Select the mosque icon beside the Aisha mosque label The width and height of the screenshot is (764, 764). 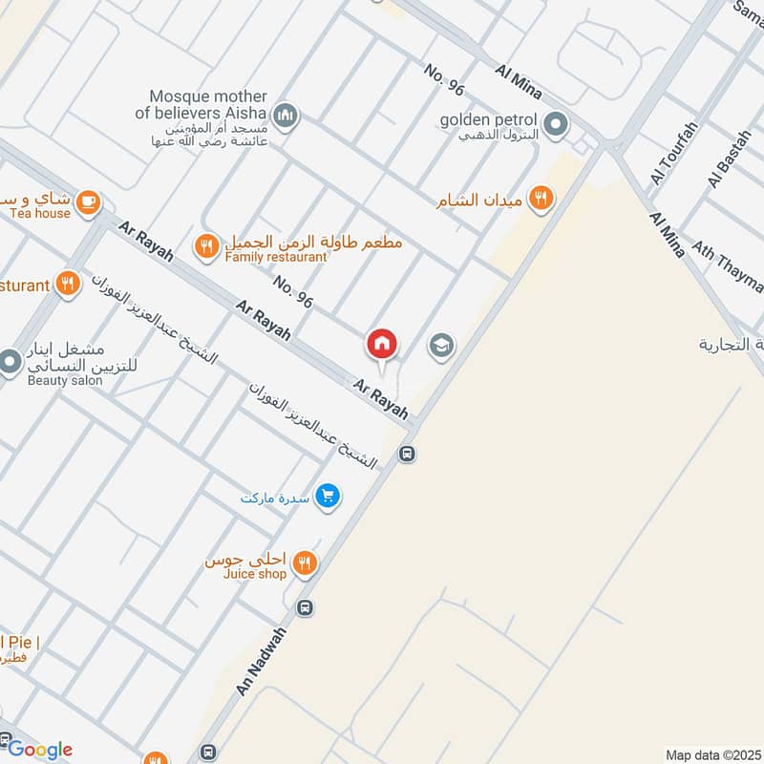[285, 117]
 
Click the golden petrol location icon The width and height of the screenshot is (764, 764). [555, 124]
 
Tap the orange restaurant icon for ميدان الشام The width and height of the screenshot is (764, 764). [541, 198]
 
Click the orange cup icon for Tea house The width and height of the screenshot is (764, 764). [88, 202]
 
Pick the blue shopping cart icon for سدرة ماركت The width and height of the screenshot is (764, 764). [329, 497]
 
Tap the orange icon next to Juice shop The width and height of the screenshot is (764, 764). [305, 562]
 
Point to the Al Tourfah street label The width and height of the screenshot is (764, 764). [674, 153]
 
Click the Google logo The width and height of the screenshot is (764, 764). [40, 750]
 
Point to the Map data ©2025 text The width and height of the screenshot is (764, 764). [711, 754]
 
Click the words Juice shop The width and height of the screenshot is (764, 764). [254, 574]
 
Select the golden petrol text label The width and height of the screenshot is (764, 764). [489, 121]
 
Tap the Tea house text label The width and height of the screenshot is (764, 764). [40, 213]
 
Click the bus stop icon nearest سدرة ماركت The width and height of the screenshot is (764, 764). [408, 455]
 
